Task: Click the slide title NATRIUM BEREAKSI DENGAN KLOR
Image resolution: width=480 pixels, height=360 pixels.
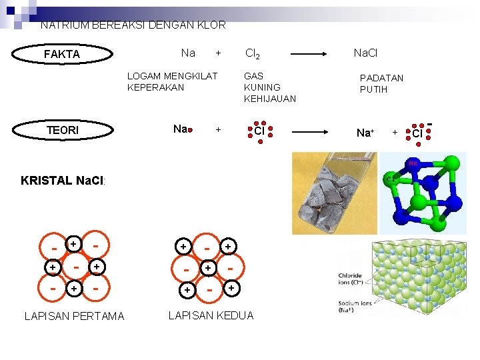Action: click(x=133, y=25)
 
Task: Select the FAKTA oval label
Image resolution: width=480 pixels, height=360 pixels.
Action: click(x=61, y=54)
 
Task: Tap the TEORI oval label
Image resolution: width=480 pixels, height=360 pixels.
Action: click(x=62, y=130)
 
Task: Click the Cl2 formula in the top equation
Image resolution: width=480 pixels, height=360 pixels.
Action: click(x=253, y=53)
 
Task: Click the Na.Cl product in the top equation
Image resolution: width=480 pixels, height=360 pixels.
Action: click(x=365, y=53)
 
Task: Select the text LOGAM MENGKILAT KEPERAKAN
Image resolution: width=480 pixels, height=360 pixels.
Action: click(x=172, y=81)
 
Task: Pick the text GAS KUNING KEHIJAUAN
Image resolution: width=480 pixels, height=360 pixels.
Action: click(x=269, y=87)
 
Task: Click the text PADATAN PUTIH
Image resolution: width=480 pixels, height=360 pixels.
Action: click(x=381, y=83)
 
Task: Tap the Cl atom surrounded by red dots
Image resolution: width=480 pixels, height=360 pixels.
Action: click(x=259, y=131)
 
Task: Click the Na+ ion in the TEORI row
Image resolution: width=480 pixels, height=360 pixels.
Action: click(x=365, y=133)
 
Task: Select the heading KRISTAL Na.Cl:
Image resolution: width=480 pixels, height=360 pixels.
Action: click(x=63, y=181)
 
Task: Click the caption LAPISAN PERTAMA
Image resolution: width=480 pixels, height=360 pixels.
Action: click(x=74, y=316)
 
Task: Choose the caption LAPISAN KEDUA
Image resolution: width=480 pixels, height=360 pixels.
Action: click(x=210, y=315)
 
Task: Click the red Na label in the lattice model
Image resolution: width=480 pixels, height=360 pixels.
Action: click(x=413, y=163)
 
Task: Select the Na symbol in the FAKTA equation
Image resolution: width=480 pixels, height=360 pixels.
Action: click(x=188, y=53)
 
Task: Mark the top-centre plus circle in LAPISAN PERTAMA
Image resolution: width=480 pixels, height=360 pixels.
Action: click(x=75, y=244)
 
